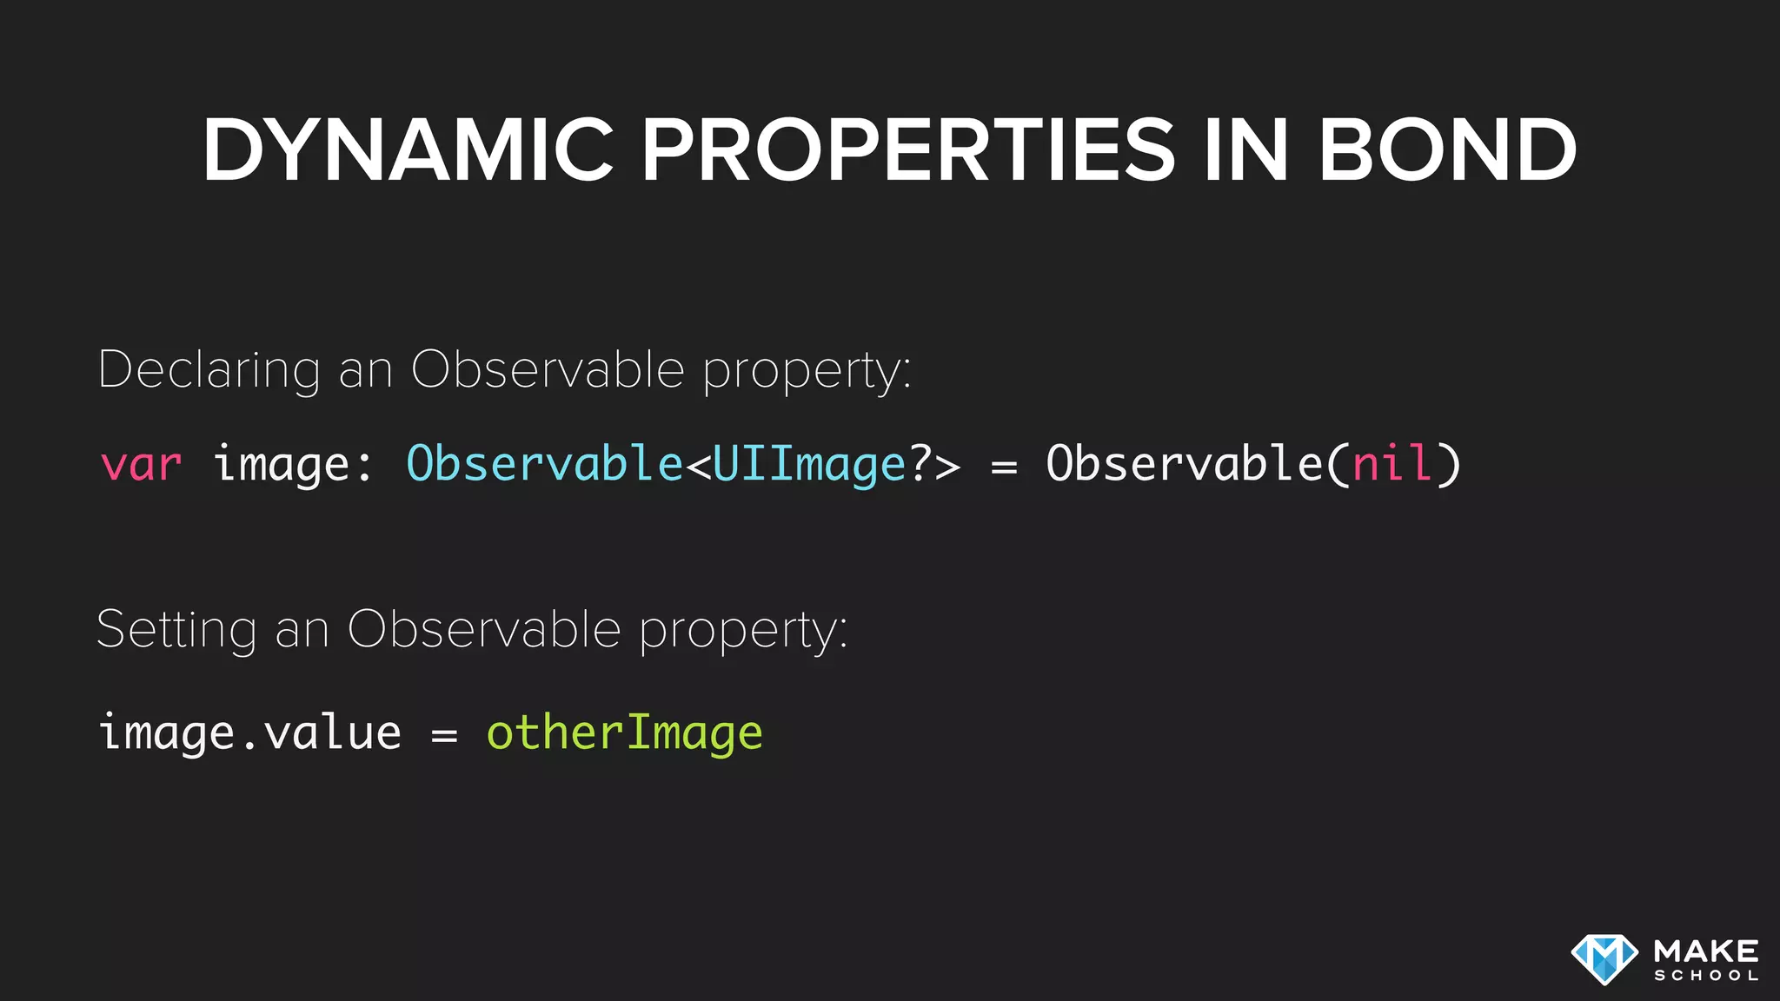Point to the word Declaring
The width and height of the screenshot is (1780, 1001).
(x=209, y=370)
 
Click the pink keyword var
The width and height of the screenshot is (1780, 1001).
(x=141, y=463)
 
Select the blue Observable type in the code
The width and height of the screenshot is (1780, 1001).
(x=545, y=463)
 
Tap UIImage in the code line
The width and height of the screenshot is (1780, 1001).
(x=809, y=463)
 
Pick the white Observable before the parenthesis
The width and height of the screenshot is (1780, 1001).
(x=1184, y=463)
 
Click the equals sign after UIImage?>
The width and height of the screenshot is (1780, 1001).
(x=1004, y=467)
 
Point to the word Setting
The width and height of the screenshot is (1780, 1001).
(x=176, y=629)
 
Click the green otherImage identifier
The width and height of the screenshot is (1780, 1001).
(x=624, y=733)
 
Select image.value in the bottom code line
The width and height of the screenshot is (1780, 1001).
(x=250, y=733)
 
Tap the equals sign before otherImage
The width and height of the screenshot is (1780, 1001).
(x=444, y=735)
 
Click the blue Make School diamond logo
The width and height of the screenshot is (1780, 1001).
(x=1604, y=959)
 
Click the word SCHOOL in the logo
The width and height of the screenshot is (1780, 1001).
(x=1706, y=976)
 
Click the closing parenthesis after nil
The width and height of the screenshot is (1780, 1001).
(x=1447, y=463)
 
